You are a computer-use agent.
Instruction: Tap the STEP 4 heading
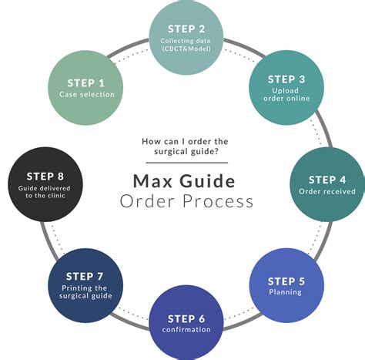327,180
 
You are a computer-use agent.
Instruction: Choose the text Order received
327,191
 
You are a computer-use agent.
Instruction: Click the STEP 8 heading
39,176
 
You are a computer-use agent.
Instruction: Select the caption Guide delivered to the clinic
39,192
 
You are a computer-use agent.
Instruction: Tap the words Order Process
186,202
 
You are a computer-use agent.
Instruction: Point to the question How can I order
185,141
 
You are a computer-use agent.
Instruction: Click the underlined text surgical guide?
185,152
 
